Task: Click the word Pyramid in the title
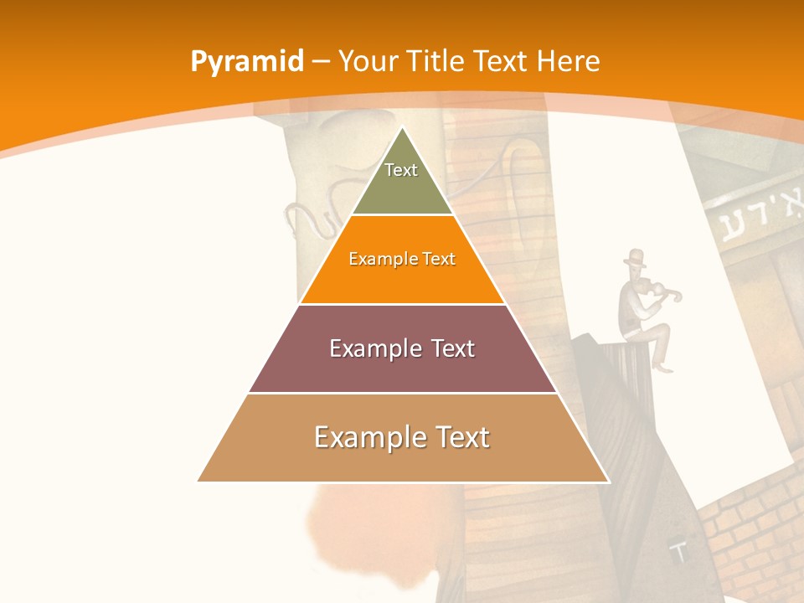coord(247,62)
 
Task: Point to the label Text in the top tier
coord(401,170)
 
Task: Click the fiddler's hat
coord(636,255)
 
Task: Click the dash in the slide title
coord(321,62)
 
